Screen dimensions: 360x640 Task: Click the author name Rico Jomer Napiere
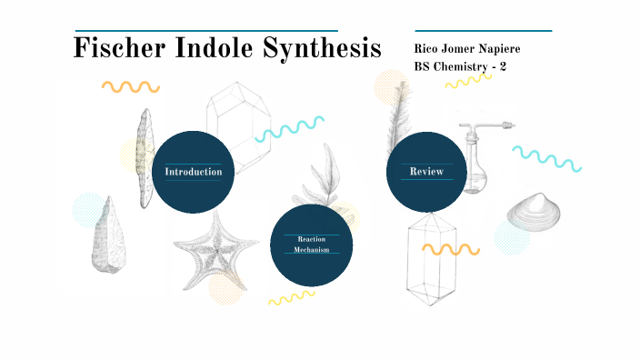click(466, 48)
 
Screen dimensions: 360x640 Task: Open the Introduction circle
click(193, 172)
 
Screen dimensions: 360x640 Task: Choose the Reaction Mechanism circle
click(312, 244)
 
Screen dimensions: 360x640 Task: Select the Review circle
click(426, 172)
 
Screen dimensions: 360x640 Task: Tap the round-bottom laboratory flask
click(475, 159)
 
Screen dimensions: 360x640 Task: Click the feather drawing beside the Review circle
click(397, 118)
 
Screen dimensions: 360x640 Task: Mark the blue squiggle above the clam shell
click(546, 158)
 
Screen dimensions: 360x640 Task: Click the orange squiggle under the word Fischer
click(130, 87)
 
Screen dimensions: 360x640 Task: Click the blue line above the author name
click(483, 31)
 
